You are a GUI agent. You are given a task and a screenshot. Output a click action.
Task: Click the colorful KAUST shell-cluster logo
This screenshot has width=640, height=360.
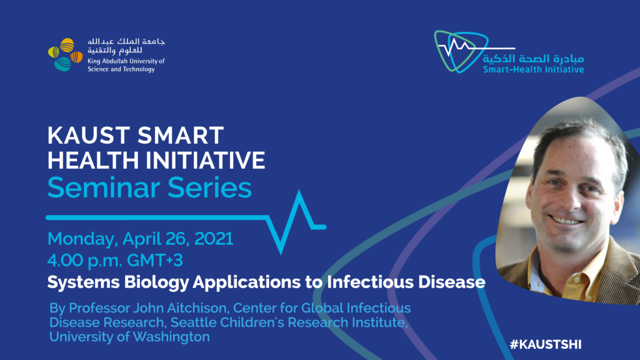click(x=65, y=55)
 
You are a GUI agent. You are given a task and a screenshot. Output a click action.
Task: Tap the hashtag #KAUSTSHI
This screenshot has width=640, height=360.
click(x=546, y=344)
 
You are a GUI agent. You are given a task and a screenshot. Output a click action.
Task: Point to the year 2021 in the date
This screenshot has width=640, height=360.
click(x=214, y=238)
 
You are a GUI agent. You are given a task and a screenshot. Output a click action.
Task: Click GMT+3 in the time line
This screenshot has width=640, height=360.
click(x=155, y=261)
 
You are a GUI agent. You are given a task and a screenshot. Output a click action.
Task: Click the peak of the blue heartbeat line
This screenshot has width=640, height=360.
click(x=299, y=191)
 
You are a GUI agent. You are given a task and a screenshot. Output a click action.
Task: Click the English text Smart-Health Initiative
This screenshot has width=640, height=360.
click(x=534, y=69)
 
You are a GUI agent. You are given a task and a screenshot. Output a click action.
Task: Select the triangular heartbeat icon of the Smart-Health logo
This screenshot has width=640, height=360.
click(x=461, y=51)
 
